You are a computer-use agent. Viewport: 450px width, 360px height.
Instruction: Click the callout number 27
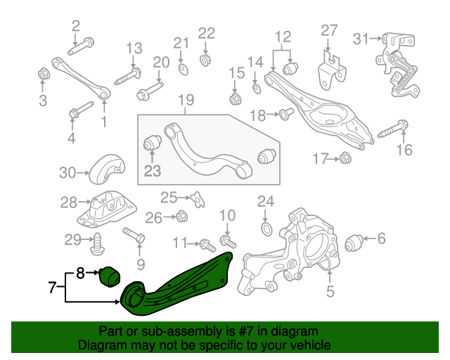pos(330,30)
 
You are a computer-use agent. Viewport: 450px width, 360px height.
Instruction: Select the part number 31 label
pos(361,39)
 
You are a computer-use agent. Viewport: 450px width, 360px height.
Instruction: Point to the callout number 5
pos(330,289)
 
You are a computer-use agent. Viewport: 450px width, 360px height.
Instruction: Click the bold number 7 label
pos(51,287)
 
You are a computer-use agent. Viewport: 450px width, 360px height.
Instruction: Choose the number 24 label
pos(265,202)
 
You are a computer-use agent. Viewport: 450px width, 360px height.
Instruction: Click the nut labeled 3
pos(42,73)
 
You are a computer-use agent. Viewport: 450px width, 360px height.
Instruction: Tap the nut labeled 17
pos(345,159)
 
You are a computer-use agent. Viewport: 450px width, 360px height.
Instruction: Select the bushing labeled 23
pos(153,143)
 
